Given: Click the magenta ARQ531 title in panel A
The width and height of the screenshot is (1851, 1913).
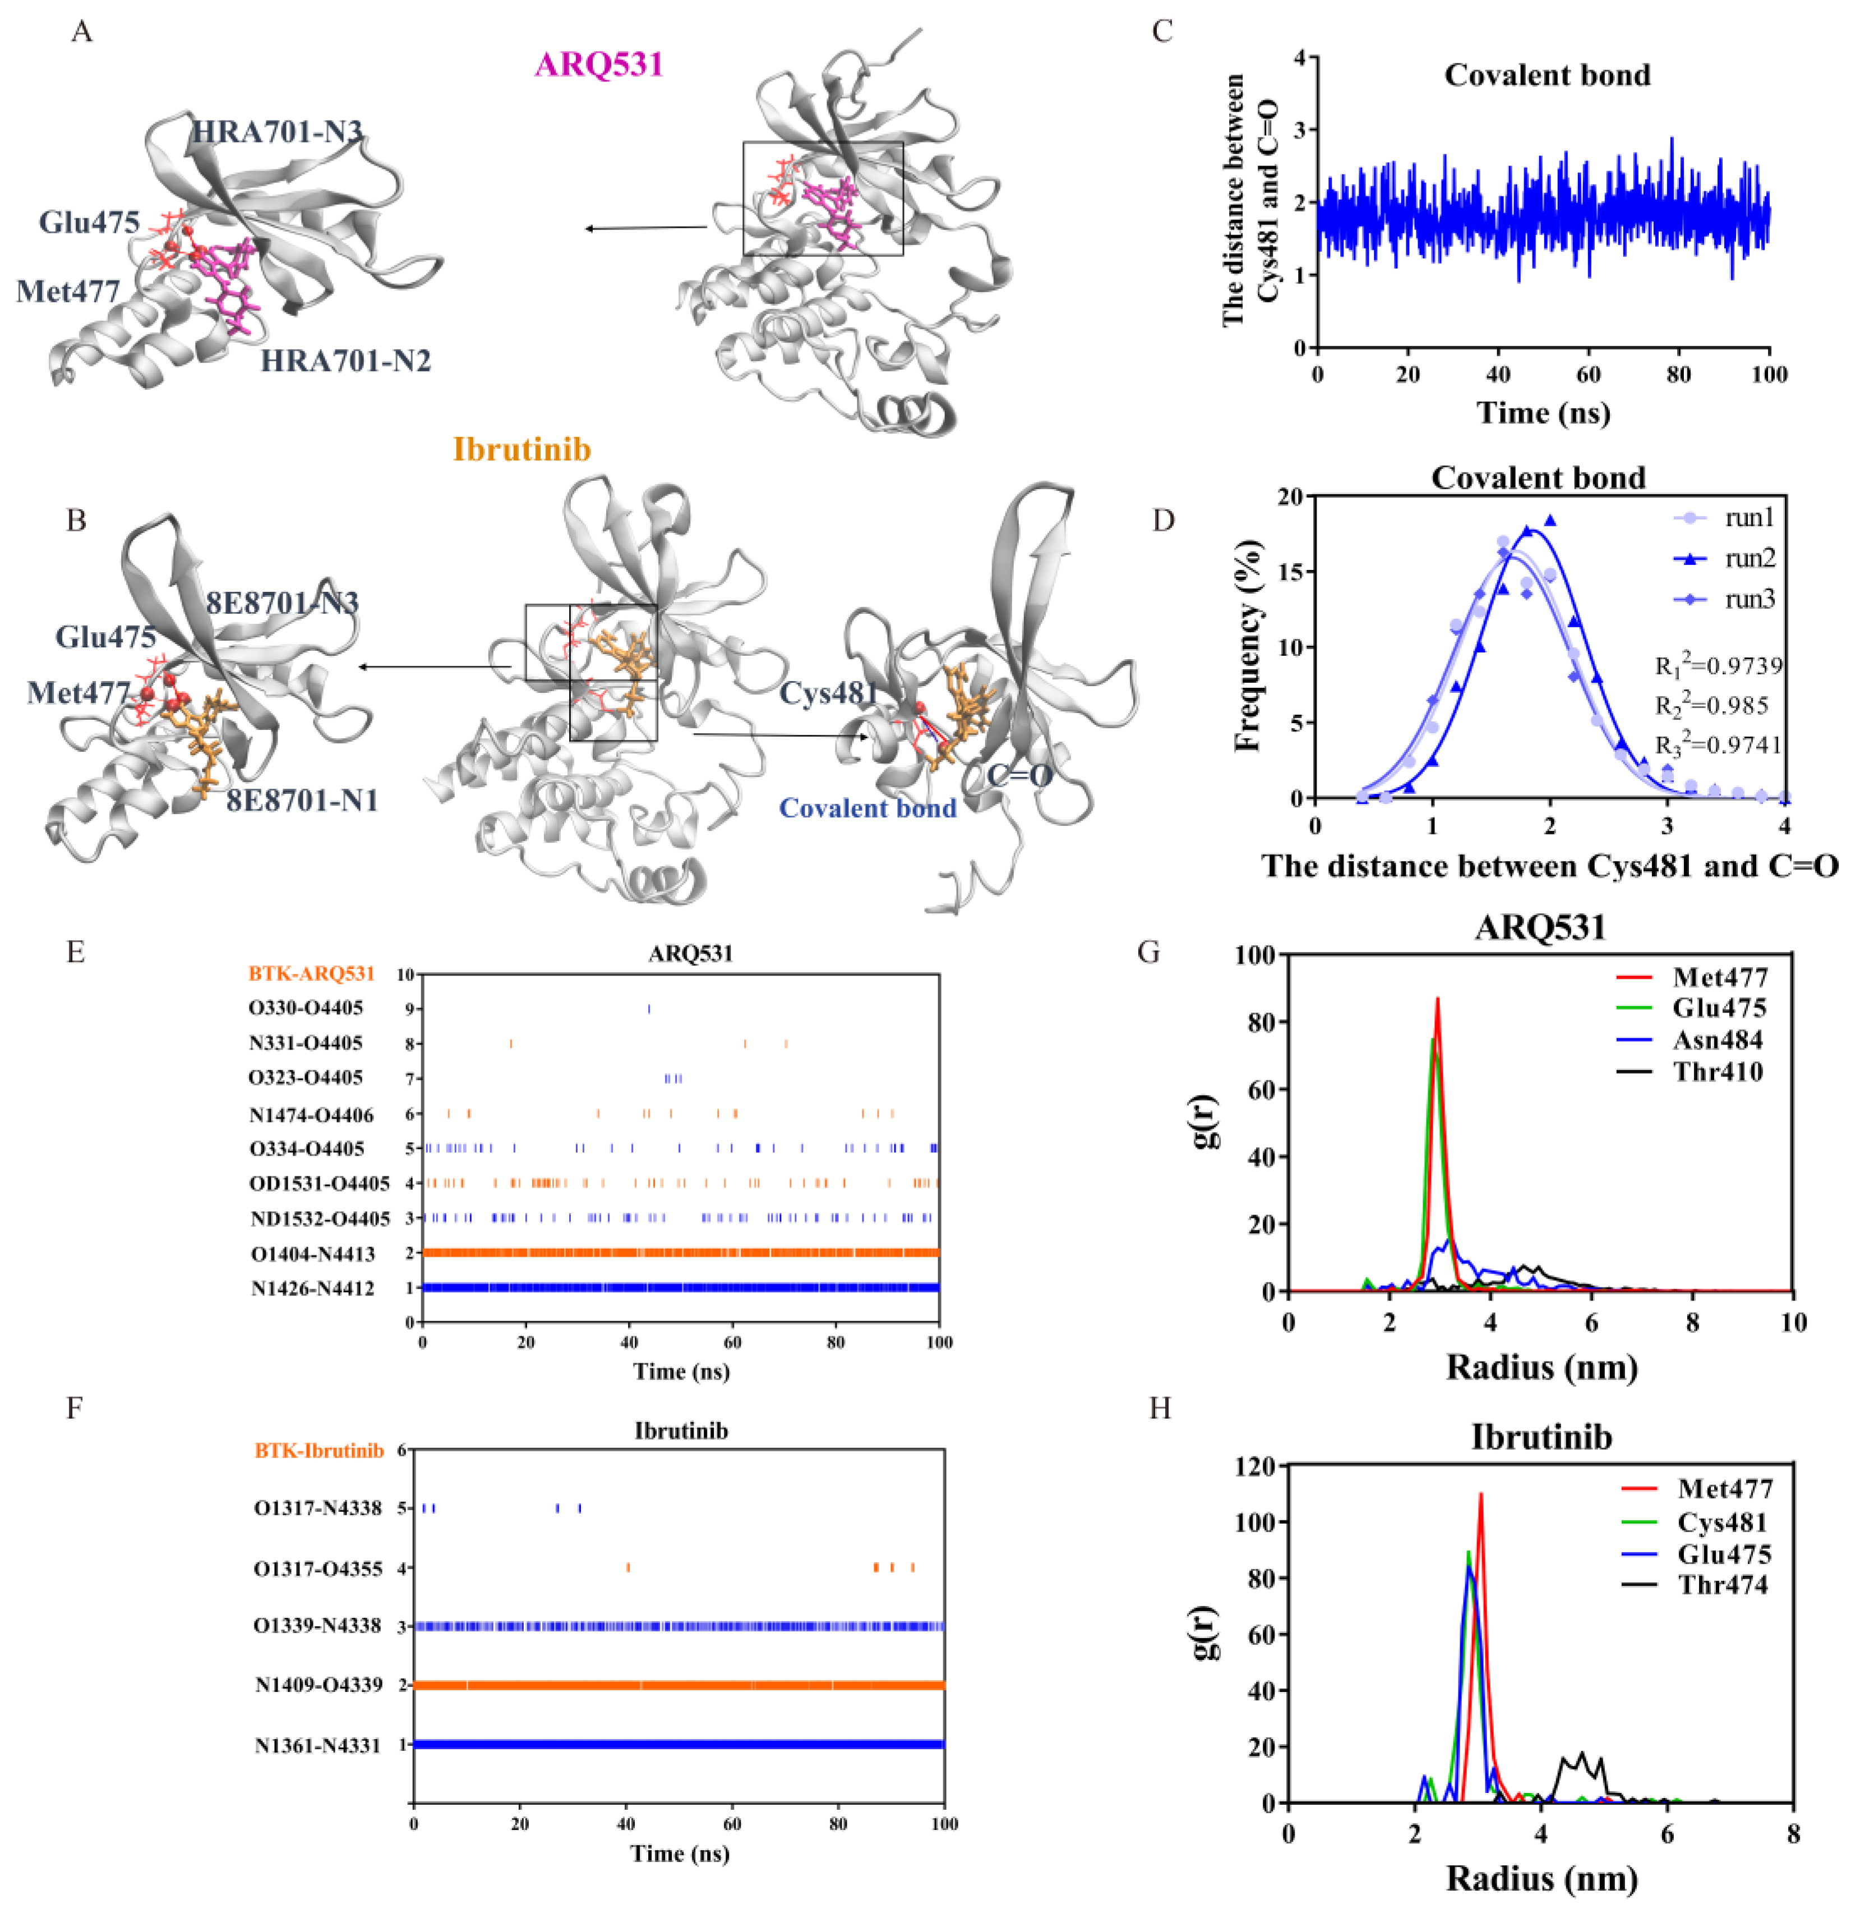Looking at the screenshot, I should pos(598,65).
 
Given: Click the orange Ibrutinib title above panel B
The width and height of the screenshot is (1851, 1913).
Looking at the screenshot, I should pos(522,449).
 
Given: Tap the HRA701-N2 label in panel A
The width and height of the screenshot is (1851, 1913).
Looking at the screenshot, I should pos(345,361).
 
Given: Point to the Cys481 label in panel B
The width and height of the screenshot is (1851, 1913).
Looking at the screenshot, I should pos(828,693).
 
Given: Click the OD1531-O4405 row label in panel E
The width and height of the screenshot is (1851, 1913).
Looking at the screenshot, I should pos(319,1184).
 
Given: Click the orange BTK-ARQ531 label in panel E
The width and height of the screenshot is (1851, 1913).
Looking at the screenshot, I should pos(311,973).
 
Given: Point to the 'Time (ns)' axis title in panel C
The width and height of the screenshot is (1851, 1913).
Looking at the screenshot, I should pos(1543,412).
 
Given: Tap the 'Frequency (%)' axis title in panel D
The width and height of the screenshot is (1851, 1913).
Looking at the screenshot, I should pos(1247,646).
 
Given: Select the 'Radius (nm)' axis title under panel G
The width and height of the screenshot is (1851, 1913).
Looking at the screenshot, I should pos(1541,1367).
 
